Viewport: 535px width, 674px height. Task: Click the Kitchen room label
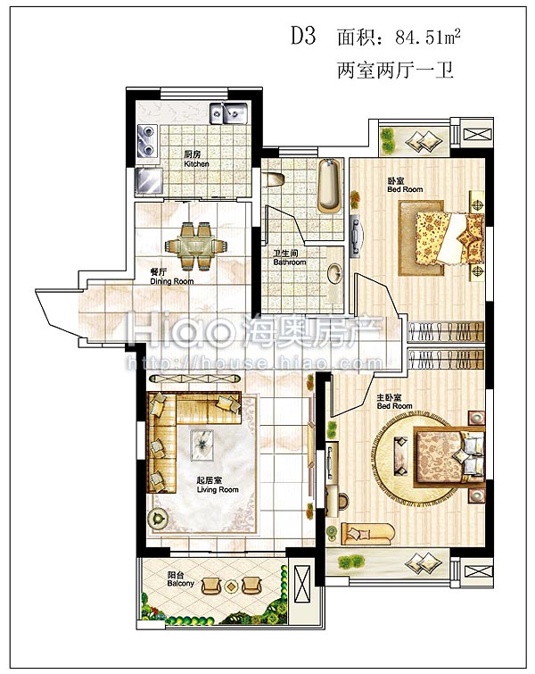click(196, 159)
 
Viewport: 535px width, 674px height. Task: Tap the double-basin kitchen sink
click(228, 112)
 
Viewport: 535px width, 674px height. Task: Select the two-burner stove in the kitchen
click(147, 140)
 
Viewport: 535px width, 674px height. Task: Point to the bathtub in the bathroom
click(330, 186)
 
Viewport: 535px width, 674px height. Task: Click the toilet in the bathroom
click(274, 179)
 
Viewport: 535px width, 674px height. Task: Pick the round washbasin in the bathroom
click(334, 273)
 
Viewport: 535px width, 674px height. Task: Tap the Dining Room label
click(172, 277)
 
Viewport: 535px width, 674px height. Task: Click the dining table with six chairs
click(196, 246)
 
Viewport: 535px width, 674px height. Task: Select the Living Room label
click(218, 485)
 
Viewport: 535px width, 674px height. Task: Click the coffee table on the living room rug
click(202, 445)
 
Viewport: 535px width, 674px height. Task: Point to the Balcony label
click(181, 579)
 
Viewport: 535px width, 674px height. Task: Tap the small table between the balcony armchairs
click(232, 586)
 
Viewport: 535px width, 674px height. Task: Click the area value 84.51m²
click(428, 37)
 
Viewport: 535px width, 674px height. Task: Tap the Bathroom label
click(290, 257)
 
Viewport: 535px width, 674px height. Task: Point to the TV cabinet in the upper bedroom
click(356, 237)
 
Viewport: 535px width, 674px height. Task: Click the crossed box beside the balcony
click(302, 586)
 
